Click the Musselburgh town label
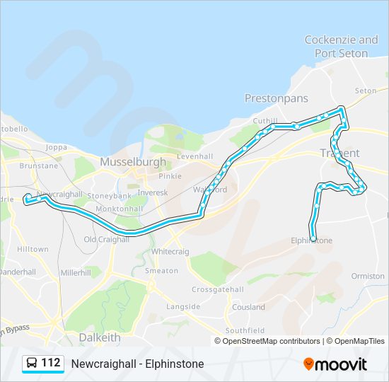coord(133,161)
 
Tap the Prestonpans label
coord(277,98)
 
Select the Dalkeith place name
coord(100,337)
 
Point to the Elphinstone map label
coord(311,241)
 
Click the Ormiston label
coord(367,276)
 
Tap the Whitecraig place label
coord(169,251)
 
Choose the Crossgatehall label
coord(217,289)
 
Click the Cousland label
coord(248,307)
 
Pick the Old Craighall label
coord(106,239)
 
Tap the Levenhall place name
coord(194,156)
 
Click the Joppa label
coord(55,148)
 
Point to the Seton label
coord(366,91)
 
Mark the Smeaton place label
coord(162,270)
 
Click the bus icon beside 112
coord(31,364)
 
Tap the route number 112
coord(51,363)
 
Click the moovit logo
coord(335,364)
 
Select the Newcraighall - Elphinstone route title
coord(137,364)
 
